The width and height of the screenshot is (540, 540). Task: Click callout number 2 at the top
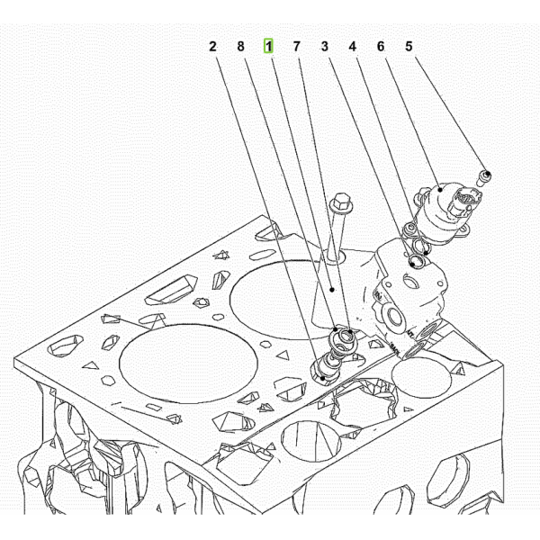coord(212,47)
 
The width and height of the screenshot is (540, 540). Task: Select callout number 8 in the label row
coord(240,47)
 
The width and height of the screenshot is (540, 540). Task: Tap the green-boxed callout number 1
coord(268,46)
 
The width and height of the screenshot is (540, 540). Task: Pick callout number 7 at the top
coord(296,47)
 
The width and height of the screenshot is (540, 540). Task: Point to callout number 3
coord(325,47)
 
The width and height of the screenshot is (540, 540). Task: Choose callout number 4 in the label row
coord(352,47)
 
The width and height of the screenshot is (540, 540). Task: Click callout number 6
coord(381,47)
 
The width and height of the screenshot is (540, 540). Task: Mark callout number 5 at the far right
coord(409,47)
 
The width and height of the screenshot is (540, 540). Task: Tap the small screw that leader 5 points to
coord(484,178)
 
